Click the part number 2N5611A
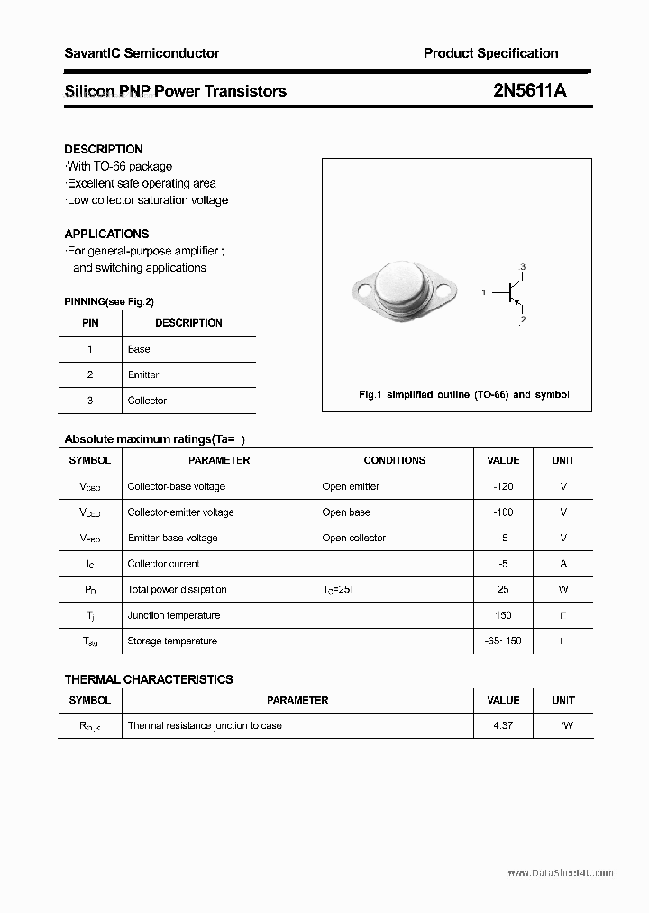coord(529,90)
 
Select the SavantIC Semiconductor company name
coord(142,53)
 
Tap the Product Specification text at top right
coord(490,53)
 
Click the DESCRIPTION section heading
coord(104,149)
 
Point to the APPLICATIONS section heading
coord(106,234)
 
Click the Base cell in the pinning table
coord(139,349)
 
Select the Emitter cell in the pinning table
coord(143,374)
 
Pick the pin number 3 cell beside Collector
coord(89,401)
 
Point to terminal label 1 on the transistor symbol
coord(484,292)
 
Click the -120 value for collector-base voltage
coord(503,486)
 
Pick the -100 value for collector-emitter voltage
coord(503,512)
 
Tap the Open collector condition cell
coord(353,538)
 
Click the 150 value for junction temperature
coord(503,615)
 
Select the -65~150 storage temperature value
coord(503,641)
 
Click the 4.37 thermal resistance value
coord(503,725)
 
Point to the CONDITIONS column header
coord(394,460)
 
